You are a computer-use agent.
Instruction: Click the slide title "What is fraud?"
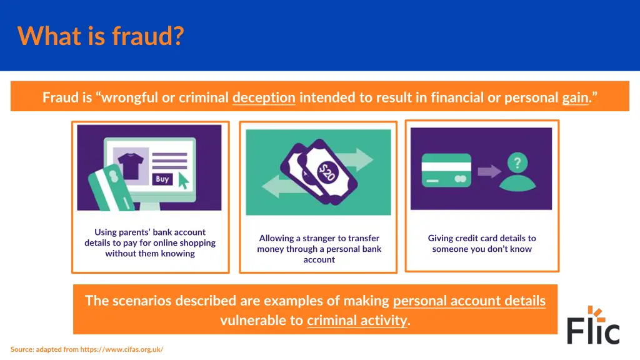tap(101, 36)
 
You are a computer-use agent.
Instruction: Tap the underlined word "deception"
tap(264, 97)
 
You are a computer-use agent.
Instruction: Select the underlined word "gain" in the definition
tap(575, 97)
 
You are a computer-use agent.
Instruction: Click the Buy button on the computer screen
tap(162, 179)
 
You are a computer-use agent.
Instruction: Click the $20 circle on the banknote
tap(326, 172)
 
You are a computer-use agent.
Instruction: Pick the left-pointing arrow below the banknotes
tap(277, 186)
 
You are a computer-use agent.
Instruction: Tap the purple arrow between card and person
tap(489, 171)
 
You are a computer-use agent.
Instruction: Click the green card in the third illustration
tap(446, 170)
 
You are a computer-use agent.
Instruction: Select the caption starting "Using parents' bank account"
tap(150, 242)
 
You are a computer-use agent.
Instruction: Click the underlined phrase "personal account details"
tap(469, 301)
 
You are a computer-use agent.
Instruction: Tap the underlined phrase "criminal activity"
tap(356, 321)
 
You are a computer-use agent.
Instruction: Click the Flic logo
tap(593, 326)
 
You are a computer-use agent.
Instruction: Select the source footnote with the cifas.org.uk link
tap(87, 349)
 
